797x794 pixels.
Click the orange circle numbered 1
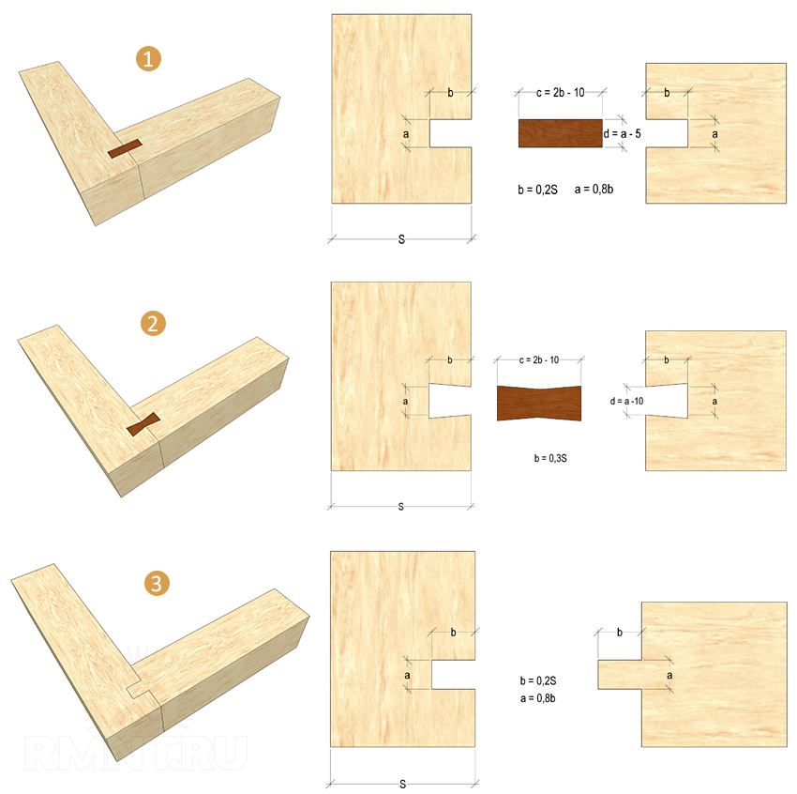(148, 59)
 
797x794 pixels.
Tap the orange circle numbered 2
(153, 324)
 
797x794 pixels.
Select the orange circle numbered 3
(157, 583)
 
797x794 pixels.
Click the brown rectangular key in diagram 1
(560, 133)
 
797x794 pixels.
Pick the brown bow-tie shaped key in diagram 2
(539, 404)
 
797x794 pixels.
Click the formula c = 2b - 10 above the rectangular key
(560, 93)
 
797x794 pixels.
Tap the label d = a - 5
(623, 134)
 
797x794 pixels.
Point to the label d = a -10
(626, 402)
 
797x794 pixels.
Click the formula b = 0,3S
(550, 458)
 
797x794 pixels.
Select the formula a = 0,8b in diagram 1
(594, 190)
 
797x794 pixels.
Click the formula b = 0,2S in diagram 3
(538, 680)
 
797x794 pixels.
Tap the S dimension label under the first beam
(401, 239)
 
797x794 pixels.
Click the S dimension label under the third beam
(402, 785)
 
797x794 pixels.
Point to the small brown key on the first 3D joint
(125, 148)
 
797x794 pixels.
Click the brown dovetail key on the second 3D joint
(143, 424)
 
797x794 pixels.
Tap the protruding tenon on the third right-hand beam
(620, 675)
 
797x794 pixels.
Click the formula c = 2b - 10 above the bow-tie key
(539, 360)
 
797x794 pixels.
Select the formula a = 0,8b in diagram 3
(538, 698)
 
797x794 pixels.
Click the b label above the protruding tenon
(620, 633)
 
